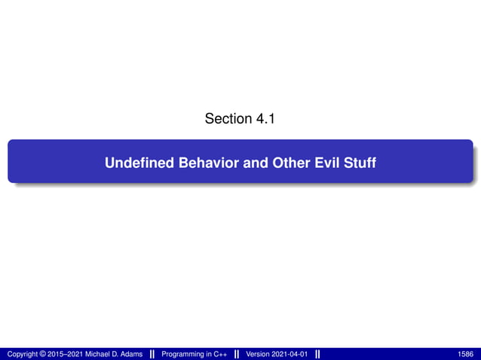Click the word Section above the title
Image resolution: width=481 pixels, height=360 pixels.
tap(226, 119)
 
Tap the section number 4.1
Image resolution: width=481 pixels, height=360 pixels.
tap(264, 119)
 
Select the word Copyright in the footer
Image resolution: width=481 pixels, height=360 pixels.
tap(23, 354)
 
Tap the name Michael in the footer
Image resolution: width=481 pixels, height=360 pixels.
tap(100, 354)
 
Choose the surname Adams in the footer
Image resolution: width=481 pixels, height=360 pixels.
tap(131, 354)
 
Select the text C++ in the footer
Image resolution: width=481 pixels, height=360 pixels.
tap(219, 354)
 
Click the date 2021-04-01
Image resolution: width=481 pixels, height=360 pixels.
tap(291, 354)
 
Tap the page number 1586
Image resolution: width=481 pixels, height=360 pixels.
tap(466, 354)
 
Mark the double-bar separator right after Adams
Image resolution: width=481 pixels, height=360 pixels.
tap(152, 354)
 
